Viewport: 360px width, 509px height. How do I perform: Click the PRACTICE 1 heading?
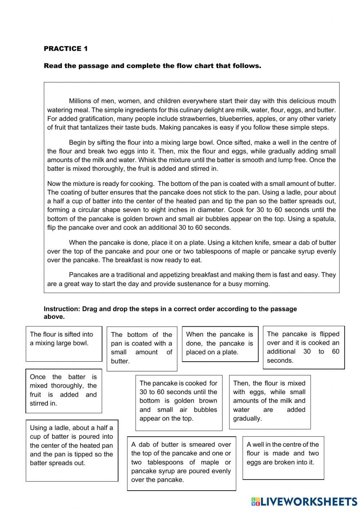pos(66,49)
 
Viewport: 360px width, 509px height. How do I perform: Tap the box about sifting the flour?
pos(64,344)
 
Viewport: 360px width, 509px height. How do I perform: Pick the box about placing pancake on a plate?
pos(220,344)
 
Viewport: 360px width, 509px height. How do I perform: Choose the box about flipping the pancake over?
pos(303,347)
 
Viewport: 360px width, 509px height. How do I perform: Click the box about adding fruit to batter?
pos(63,390)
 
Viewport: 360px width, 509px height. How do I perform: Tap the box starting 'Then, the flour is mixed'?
pos(269,402)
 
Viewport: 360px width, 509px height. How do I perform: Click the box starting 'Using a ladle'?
pos(72,450)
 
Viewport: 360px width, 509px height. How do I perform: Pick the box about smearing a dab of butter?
pos(181,463)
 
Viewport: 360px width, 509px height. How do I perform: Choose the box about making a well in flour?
pos(283,457)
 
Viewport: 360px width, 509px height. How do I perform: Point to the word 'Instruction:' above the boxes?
pos(62,309)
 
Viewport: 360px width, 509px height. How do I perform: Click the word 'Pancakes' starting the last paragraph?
pos(83,275)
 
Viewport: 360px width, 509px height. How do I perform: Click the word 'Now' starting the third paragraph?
pos(53,184)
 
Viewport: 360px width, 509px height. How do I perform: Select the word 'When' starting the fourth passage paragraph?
pos(77,243)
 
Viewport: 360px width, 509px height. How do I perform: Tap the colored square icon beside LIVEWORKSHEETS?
pos(255,501)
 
